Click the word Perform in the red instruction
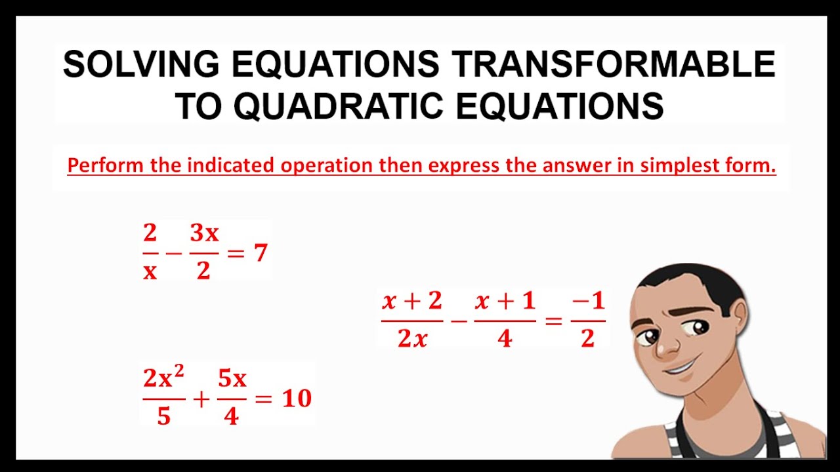tap(106, 165)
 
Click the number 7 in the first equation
tap(261, 252)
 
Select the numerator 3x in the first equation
tap(204, 233)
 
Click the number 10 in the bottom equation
tap(297, 398)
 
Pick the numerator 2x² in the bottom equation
tap(163, 378)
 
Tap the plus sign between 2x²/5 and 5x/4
tap(201, 398)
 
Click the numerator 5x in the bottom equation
tap(232, 379)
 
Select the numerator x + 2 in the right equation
tap(412, 301)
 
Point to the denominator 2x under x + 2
tap(412, 338)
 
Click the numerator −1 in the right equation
tap(587, 302)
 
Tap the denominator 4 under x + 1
tap(504, 339)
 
